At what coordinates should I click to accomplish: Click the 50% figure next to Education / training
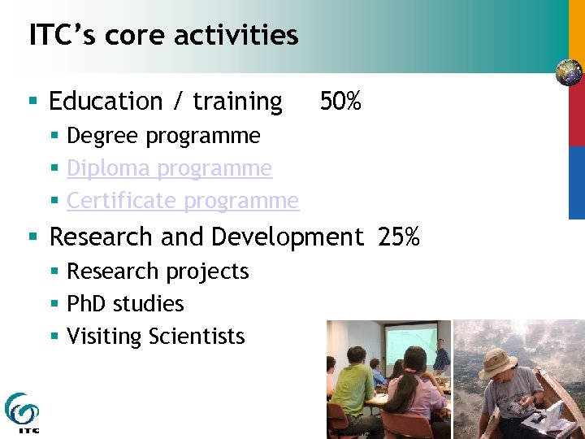340,102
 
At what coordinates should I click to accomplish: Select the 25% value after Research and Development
398,237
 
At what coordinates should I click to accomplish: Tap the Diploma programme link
169,168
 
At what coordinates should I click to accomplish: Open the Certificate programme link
183,201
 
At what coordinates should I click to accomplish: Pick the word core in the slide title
130,35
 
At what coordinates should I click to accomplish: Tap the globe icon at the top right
569,72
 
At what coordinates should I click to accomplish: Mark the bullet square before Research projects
54,272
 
